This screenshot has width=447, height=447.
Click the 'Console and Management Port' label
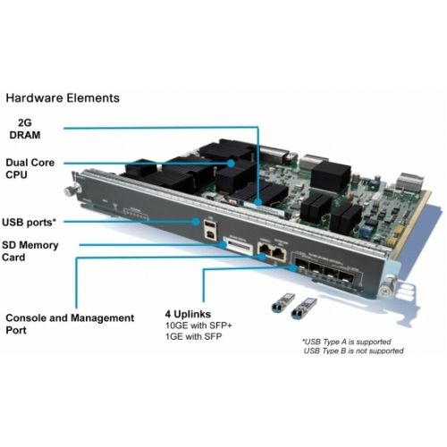(x=70, y=324)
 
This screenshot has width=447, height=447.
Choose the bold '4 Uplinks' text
(x=188, y=315)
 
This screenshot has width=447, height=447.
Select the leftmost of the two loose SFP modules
(x=279, y=306)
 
